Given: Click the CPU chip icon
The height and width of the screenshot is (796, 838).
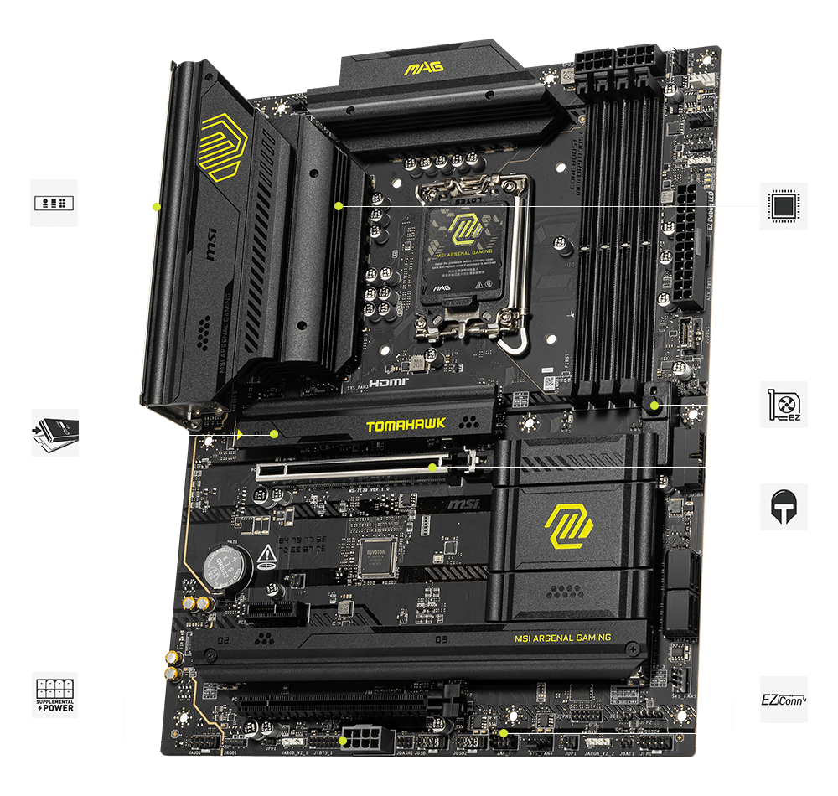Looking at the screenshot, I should (784, 205).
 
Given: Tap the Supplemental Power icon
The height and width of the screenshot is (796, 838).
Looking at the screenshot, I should (55, 695).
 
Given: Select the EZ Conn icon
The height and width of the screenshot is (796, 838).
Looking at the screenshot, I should (784, 699).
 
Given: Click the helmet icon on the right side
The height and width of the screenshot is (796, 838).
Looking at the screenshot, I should (784, 506).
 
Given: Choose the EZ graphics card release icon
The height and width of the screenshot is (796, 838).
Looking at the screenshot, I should (784, 404).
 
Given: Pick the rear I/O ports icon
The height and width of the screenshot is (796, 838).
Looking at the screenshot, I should (54, 203).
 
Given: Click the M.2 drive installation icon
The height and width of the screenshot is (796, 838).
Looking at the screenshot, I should (55, 432).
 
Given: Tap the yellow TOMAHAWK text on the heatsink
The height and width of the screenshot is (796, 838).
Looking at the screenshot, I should (406, 425).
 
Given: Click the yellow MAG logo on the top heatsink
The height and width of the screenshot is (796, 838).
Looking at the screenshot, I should (423, 66).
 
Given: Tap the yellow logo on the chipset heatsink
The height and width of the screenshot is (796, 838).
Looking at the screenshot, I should (569, 526).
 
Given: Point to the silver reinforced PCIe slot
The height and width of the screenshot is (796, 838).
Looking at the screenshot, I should (360, 468).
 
